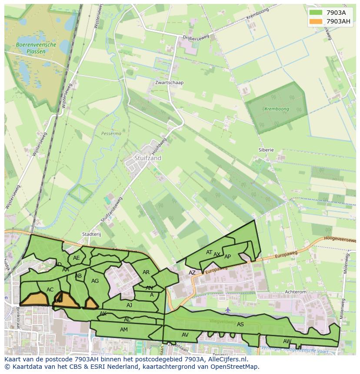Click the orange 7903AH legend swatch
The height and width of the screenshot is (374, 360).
point(316,21)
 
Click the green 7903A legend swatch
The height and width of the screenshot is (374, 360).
point(316,13)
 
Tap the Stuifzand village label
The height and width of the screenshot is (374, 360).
point(148,158)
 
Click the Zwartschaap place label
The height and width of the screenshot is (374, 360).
point(169,83)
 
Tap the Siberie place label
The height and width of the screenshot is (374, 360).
point(266,150)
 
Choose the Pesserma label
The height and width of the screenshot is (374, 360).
point(111,134)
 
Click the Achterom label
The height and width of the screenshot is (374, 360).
point(295,292)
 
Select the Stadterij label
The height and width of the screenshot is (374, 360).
point(91,234)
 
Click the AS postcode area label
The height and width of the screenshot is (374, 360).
point(240,324)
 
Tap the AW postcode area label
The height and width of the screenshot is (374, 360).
point(287,341)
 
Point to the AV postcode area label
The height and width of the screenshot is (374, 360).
point(185,335)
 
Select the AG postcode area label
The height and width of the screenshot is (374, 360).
point(95,281)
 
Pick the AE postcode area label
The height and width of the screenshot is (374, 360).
point(77,258)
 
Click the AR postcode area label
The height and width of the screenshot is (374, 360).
point(146,272)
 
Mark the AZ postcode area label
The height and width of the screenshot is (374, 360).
point(192,273)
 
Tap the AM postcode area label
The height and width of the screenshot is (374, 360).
point(124,330)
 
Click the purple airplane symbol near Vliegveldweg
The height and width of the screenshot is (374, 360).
point(228,310)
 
